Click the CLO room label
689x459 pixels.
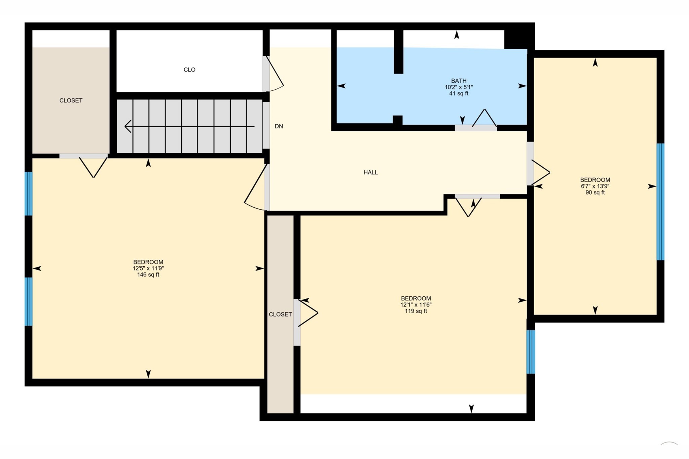click(x=189, y=70)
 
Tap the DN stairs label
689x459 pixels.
click(x=279, y=126)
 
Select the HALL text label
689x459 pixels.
click(x=370, y=172)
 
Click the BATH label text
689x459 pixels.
click(x=459, y=81)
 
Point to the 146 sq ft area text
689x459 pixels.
click(x=148, y=275)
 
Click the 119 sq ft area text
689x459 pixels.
click(x=416, y=311)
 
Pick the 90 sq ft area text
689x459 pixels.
click(x=595, y=193)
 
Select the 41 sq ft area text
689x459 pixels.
click(x=459, y=93)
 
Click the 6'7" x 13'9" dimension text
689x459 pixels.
click(x=595, y=186)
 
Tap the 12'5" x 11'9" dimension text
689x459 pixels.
click(x=148, y=268)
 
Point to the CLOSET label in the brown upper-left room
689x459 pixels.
click(x=71, y=100)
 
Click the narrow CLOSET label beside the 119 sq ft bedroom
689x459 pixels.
click(x=280, y=315)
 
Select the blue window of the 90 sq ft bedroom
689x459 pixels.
click(x=660, y=202)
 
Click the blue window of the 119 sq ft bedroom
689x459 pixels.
click(x=531, y=352)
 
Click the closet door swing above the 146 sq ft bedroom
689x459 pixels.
click(x=93, y=166)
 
